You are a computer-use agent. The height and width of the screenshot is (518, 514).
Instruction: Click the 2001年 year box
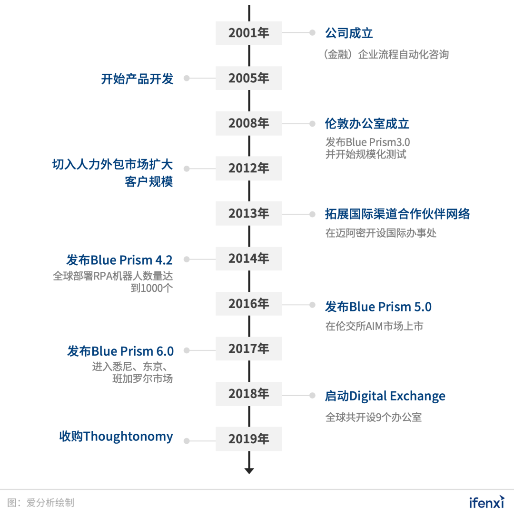click(248, 33)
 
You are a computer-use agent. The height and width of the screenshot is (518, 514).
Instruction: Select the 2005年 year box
click(248, 78)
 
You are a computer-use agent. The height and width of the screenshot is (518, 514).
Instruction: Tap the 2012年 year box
click(248, 169)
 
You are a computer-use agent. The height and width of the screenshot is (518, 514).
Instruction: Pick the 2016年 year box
click(248, 304)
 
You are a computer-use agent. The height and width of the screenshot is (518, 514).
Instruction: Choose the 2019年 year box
click(248, 439)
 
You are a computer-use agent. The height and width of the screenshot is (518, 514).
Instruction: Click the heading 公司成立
click(349, 33)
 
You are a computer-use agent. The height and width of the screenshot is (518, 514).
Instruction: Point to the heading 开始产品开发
click(137, 79)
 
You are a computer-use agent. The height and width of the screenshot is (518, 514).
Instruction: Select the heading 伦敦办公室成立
click(367, 124)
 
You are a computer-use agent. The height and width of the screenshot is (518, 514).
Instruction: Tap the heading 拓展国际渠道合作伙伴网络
click(397, 214)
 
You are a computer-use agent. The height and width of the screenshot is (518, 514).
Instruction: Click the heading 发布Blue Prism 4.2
click(119, 260)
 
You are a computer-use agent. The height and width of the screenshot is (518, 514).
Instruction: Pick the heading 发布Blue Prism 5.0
click(378, 307)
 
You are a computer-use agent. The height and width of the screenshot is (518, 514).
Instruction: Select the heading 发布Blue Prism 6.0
click(120, 351)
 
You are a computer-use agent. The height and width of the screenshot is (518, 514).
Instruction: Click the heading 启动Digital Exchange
click(385, 396)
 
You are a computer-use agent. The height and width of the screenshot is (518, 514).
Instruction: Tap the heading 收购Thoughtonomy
click(116, 437)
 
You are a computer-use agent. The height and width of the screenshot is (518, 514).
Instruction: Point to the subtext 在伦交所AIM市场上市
click(374, 326)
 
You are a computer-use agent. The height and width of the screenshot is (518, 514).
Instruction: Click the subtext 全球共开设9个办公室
click(374, 417)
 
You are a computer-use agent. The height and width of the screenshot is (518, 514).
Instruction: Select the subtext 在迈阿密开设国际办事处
click(381, 233)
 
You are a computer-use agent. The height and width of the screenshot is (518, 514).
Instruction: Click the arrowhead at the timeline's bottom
click(249, 470)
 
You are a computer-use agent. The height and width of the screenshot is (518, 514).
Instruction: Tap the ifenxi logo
click(487, 502)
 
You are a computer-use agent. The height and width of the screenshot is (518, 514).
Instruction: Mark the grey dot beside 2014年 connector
click(187, 259)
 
